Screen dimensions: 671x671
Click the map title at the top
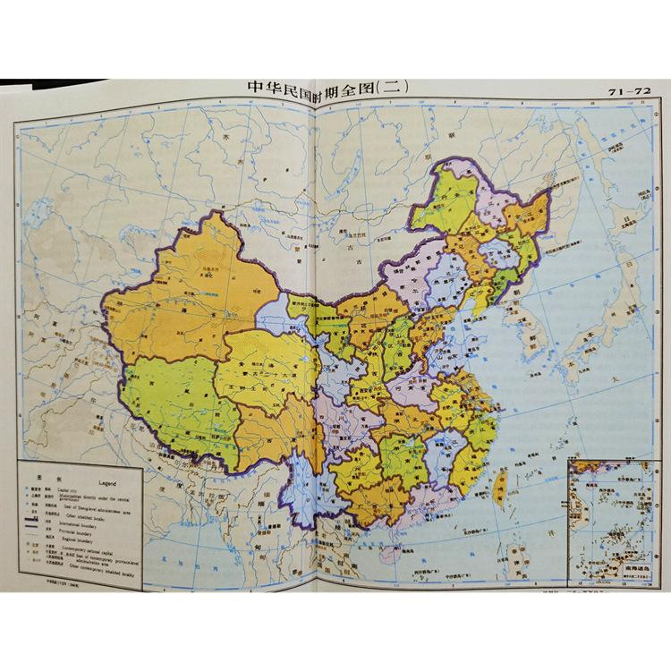click(327, 88)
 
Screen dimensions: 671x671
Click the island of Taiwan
click(501, 484)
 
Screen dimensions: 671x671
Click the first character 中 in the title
click(253, 88)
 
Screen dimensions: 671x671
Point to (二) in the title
click(393, 88)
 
